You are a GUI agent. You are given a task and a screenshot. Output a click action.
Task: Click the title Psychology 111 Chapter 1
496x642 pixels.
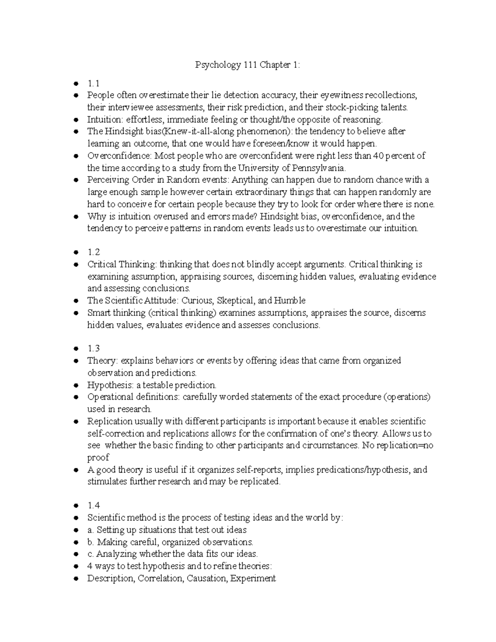click(x=248, y=65)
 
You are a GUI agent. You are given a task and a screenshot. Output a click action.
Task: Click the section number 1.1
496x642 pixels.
click(x=93, y=84)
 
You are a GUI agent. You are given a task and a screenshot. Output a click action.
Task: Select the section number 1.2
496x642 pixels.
click(x=93, y=253)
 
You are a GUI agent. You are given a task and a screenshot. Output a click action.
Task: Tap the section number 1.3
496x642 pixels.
click(x=93, y=349)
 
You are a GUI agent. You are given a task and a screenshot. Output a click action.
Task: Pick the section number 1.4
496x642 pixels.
click(x=93, y=506)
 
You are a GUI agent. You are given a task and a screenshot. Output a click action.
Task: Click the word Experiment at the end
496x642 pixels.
click(x=253, y=578)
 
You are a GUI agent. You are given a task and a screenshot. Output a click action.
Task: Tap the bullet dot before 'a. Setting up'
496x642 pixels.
click(x=76, y=530)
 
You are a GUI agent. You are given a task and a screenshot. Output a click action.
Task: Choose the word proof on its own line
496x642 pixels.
click(x=98, y=458)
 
